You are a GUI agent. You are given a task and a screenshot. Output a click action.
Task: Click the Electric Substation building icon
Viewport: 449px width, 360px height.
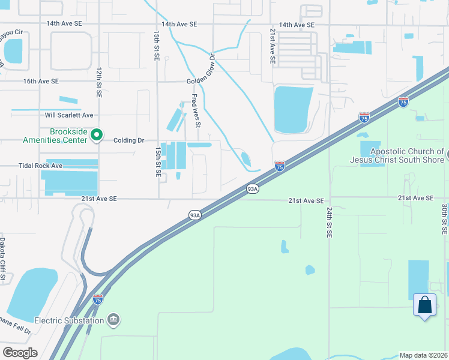point(113,320)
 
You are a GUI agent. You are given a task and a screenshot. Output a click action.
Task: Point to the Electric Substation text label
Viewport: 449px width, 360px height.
point(68,320)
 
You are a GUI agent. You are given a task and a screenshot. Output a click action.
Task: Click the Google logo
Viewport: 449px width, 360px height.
point(20,353)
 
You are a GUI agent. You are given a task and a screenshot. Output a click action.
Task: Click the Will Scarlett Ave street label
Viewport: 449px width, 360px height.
point(69,115)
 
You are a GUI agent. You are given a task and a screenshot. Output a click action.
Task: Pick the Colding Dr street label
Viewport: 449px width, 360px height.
point(129,140)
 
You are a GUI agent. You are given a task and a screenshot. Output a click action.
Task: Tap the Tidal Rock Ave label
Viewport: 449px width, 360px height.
point(41,166)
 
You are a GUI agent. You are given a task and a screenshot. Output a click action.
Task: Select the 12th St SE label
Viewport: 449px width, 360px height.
point(98,82)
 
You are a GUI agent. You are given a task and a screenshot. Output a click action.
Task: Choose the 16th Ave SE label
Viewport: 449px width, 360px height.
point(41,80)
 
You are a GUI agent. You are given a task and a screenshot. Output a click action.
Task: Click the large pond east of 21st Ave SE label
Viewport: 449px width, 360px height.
point(292,109)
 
